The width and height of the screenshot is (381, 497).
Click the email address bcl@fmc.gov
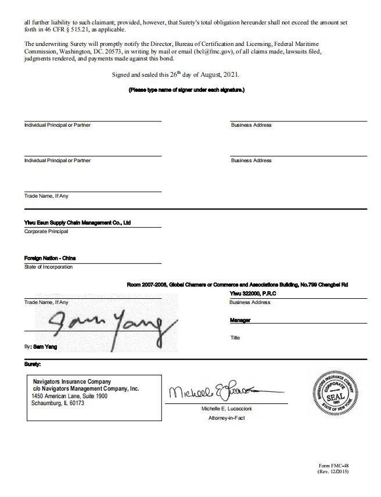tap(214, 52)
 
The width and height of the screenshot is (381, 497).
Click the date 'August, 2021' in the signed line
tap(220, 75)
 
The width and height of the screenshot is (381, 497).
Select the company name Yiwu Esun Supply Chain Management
tap(77, 223)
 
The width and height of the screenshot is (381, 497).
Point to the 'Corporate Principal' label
tap(46, 231)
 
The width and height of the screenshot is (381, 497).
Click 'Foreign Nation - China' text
tap(50, 258)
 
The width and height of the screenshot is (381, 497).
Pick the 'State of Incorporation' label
tap(48, 267)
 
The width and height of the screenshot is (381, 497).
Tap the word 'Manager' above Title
tap(241, 320)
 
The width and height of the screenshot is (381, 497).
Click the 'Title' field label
tap(235, 338)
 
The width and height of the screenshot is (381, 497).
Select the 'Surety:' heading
tap(33, 364)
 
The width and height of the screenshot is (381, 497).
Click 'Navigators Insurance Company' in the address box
tap(72, 382)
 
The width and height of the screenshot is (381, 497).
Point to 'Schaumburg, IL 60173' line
tap(57, 403)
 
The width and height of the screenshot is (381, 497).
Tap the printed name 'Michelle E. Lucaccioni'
tap(227, 409)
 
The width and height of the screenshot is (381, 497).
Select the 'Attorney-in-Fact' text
tap(227, 418)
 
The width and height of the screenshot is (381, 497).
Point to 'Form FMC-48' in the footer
tap(333, 466)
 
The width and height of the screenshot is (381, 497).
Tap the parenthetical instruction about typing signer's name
tap(186, 90)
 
